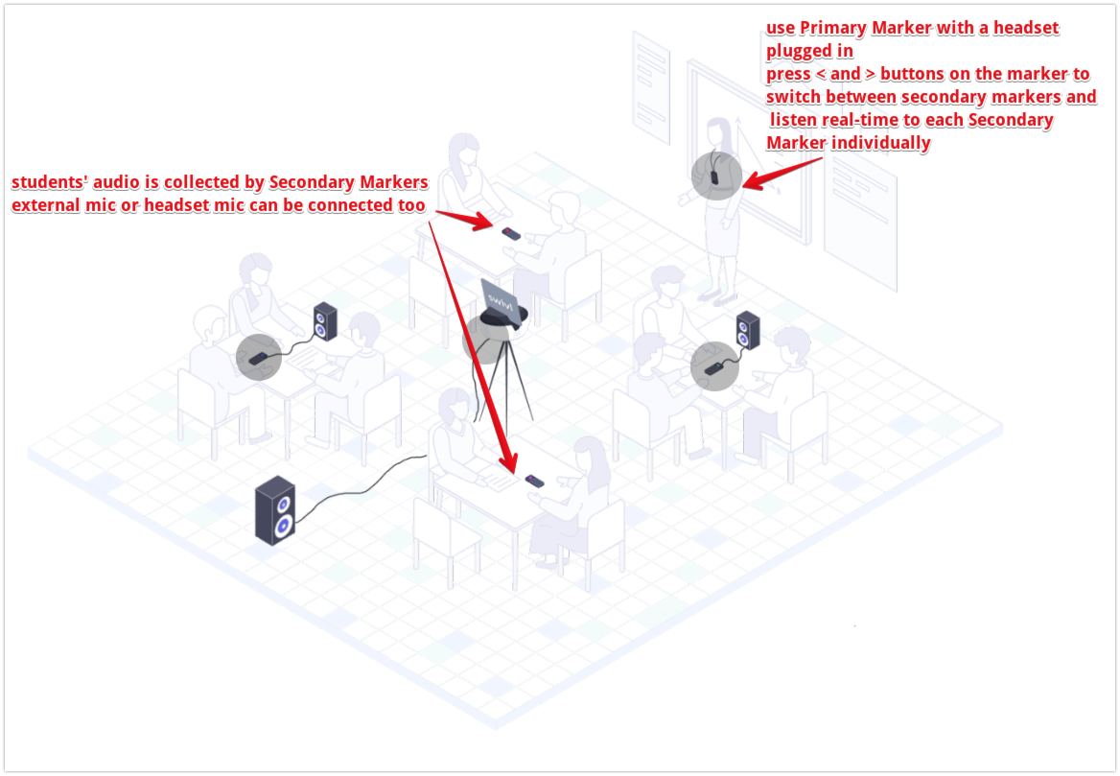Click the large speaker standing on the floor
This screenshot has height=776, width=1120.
[275, 510]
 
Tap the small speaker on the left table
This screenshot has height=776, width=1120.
[325, 321]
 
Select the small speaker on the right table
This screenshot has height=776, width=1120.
[747, 329]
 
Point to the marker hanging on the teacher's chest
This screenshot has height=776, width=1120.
[714, 176]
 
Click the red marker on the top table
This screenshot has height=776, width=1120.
[512, 232]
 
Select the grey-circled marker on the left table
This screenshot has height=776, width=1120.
[258, 357]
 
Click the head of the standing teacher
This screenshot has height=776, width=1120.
[720, 130]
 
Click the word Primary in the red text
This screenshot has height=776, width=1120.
[832, 28]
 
